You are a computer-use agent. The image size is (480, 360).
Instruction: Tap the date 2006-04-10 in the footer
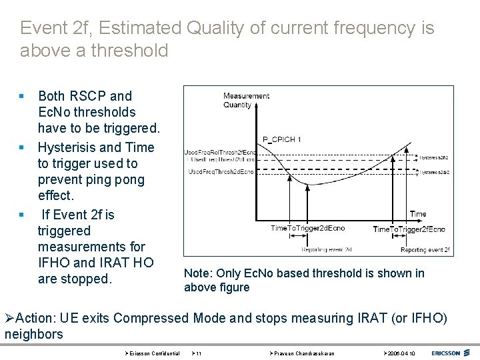[x=401, y=353]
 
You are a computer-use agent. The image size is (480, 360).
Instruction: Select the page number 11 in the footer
[x=199, y=353]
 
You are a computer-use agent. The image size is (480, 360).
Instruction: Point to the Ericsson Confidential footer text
[x=154, y=353]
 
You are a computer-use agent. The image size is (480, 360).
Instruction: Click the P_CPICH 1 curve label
[x=282, y=139]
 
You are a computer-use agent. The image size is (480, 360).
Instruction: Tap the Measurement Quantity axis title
[x=245, y=100]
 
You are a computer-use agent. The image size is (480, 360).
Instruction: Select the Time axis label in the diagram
[x=418, y=214]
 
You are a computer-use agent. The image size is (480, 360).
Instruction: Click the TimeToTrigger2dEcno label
[x=307, y=229]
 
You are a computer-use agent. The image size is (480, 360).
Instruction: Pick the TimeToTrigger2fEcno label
[x=409, y=229]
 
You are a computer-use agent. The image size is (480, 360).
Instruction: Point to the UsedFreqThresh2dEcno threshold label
[x=221, y=172]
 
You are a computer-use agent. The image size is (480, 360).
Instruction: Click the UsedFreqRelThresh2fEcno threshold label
[x=221, y=152]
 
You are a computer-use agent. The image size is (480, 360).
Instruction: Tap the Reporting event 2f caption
[x=425, y=250]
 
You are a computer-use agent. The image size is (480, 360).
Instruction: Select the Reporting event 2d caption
[x=327, y=250]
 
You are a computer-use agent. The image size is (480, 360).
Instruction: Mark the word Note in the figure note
[x=197, y=273]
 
